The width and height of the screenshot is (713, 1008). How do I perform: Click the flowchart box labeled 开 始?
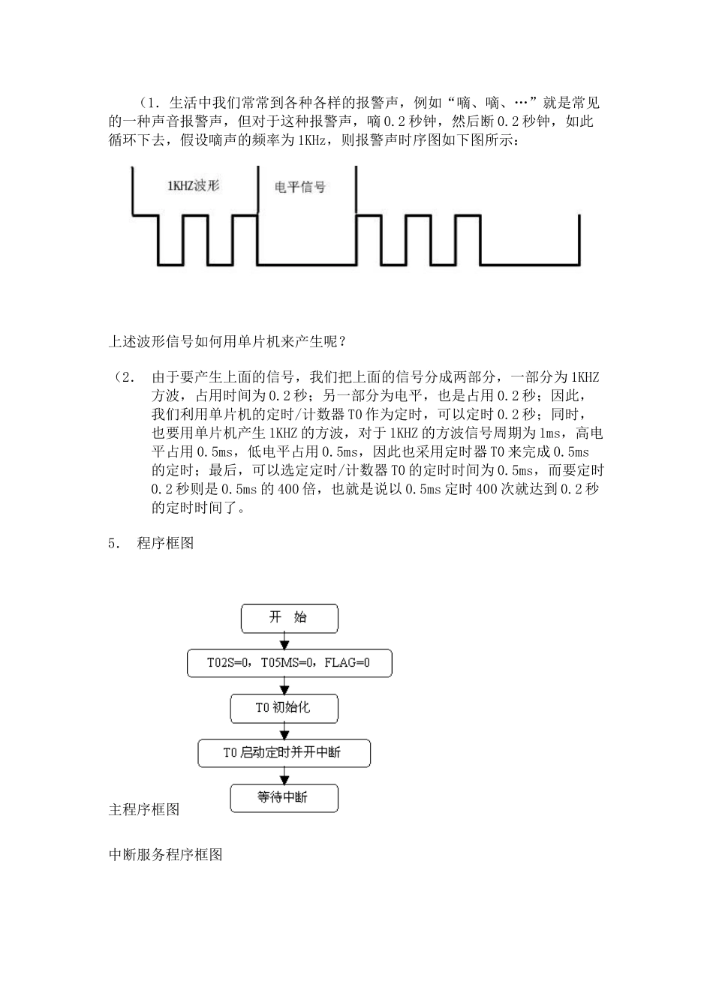(289, 618)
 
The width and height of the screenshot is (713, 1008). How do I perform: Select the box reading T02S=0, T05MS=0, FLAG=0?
(289, 663)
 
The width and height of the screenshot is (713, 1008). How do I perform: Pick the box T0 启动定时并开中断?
(284, 753)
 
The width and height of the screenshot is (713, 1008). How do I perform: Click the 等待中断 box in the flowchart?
(284, 798)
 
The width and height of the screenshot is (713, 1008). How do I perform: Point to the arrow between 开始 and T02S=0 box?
(284, 640)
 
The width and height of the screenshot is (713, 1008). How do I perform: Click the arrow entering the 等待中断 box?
(284, 775)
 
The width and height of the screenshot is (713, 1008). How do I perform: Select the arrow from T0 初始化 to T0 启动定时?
(284, 730)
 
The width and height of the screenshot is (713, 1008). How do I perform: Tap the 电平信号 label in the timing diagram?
(300, 187)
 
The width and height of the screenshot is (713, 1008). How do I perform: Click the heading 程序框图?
(165, 543)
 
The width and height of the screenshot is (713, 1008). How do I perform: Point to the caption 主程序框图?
(144, 809)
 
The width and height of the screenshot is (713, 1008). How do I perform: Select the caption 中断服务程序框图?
(166, 854)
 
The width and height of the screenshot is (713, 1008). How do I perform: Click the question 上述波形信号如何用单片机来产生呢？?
(228, 342)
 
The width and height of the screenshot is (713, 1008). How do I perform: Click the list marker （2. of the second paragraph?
(124, 376)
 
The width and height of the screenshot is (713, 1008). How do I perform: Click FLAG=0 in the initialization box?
(347, 663)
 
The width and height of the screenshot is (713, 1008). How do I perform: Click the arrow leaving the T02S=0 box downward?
(284, 685)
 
